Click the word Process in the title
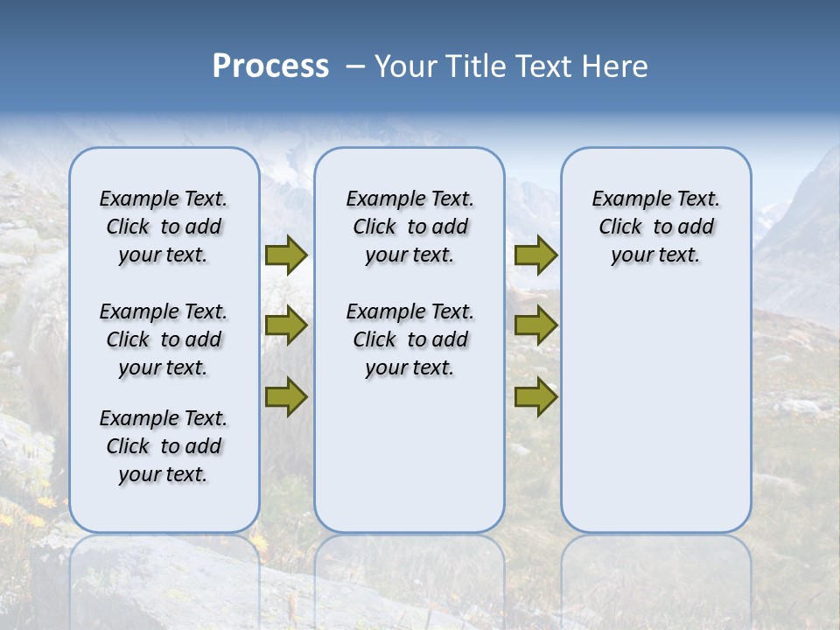coord(270,66)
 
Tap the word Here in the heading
coord(615,66)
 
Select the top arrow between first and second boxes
coord(286,255)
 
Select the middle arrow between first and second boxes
coord(286,325)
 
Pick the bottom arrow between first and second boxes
coord(286,396)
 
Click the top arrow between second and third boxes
coord(535,255)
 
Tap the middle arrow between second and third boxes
coord(535,325)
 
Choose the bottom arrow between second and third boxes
coord(535,396)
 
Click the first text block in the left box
coord(164,227)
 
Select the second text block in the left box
coord(164,339)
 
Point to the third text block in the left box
coord(164,446)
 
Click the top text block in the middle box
coord(409,227)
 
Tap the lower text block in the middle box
coord(409,339)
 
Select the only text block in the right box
coord(655,227)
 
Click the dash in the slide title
coord(354,66)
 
